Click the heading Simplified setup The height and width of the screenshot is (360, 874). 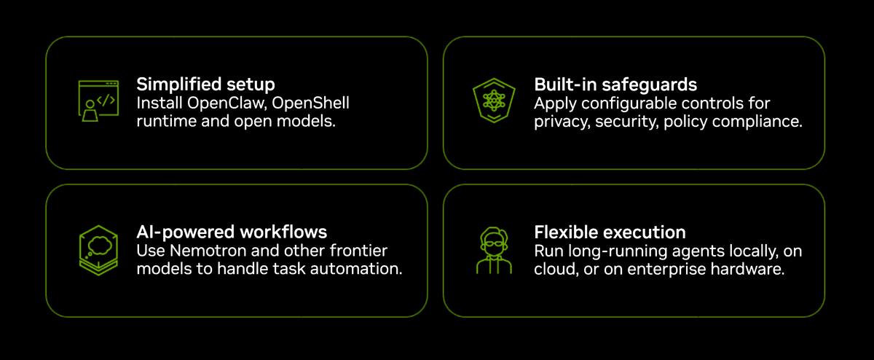pyautogui.click(x=205, y=85)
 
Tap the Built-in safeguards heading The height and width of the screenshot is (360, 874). pyautogui.click(x=615, y=85)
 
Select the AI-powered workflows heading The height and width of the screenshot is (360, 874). pyautogui.click(x=232, y=232)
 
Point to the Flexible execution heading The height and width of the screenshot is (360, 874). pyautogui.click(x=610, y=232)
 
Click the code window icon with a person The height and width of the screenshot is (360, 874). pyautogui.click(x=98, y=101)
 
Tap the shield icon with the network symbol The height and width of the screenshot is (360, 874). pyautogui.click(x=494, y=101)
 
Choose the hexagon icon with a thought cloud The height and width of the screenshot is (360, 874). pyautogui.click(x=98, y=250)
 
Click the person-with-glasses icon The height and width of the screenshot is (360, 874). pyautogui.click(x=494, y=250)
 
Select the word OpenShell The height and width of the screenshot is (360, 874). pyautogui.click(x=310, y=103)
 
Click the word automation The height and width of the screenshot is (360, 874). pyautogui.click(x=356, y=269)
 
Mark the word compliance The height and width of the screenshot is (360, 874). pyautogui.click(x=757, y=122)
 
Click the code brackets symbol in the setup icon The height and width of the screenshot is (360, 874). pyautogui.click(x=106, y=101)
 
